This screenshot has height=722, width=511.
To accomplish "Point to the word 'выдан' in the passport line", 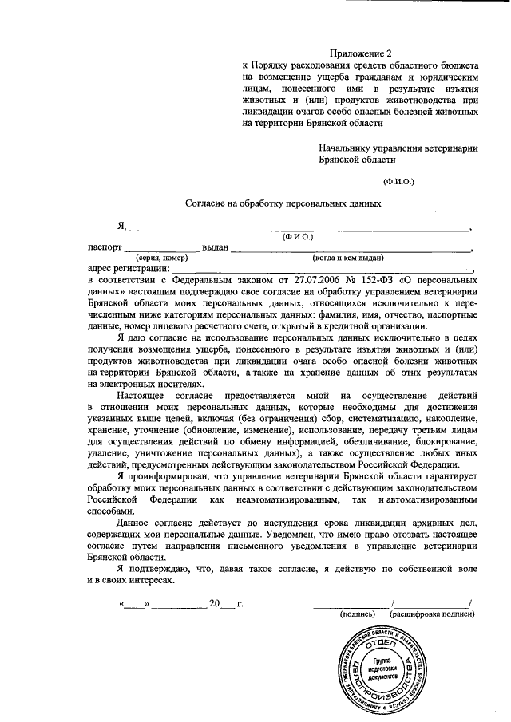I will click(x=216, y=247).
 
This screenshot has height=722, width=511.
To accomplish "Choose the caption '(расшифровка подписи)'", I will click(x=432, y=614).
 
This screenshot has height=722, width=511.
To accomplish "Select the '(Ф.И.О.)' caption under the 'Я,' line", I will click(x=298, y=237).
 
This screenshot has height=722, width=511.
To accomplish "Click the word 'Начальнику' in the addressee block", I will click(x=345, y=148).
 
